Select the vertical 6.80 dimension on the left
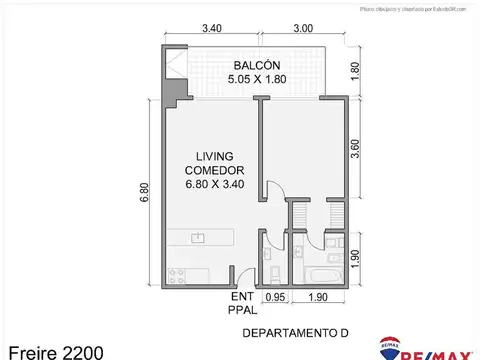click(x=147, y=193)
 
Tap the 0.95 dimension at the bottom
click(x=275, y=297)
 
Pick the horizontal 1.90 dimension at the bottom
click(x=317, y=297)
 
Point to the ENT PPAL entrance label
click(x=240, y=305)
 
